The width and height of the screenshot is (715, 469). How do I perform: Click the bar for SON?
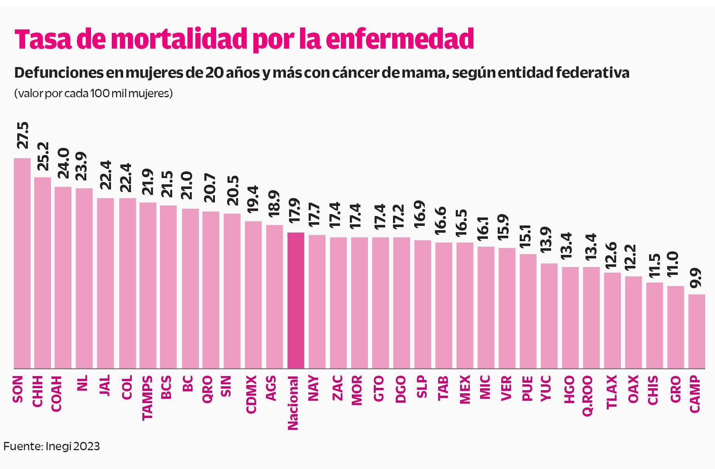pyautogui.click(x=22, y=263)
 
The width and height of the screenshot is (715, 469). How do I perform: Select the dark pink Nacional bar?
pyautogui.click(x=296, y=300)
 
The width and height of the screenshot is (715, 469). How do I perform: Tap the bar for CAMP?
pyautogui.click(x=697, y=331)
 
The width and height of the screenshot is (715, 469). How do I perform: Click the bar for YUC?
pyautogui.click(x=549, y=316)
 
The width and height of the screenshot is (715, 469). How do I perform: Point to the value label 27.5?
pyautogui.click(x=23, y=135)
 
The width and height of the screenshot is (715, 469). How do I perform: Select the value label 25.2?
pyautogui.click(x=43, y=156)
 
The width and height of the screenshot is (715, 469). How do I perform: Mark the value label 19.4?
pyautogui.click(x=253, y=199)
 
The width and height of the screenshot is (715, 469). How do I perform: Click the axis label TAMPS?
pyautogui.click(x=147, y=398)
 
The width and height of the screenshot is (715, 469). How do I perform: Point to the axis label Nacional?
pyautogui.click(x=294, y=403)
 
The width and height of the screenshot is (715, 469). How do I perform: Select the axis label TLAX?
pyautogui.click(x=612, y=392)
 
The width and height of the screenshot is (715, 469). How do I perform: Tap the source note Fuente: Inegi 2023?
pyautogui.click(x=52, y=446)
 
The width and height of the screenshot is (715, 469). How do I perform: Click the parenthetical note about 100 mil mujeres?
pyautogui.click(x=93, y=94)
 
